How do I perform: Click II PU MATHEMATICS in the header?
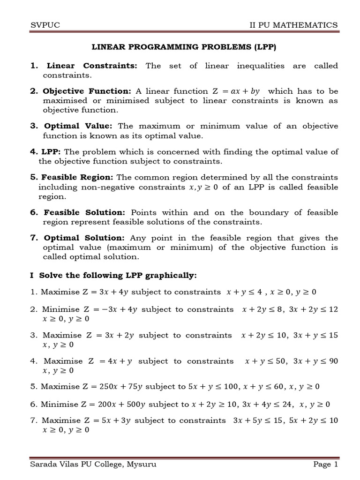coord(293,25)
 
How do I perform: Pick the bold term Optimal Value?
coord(79,126)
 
